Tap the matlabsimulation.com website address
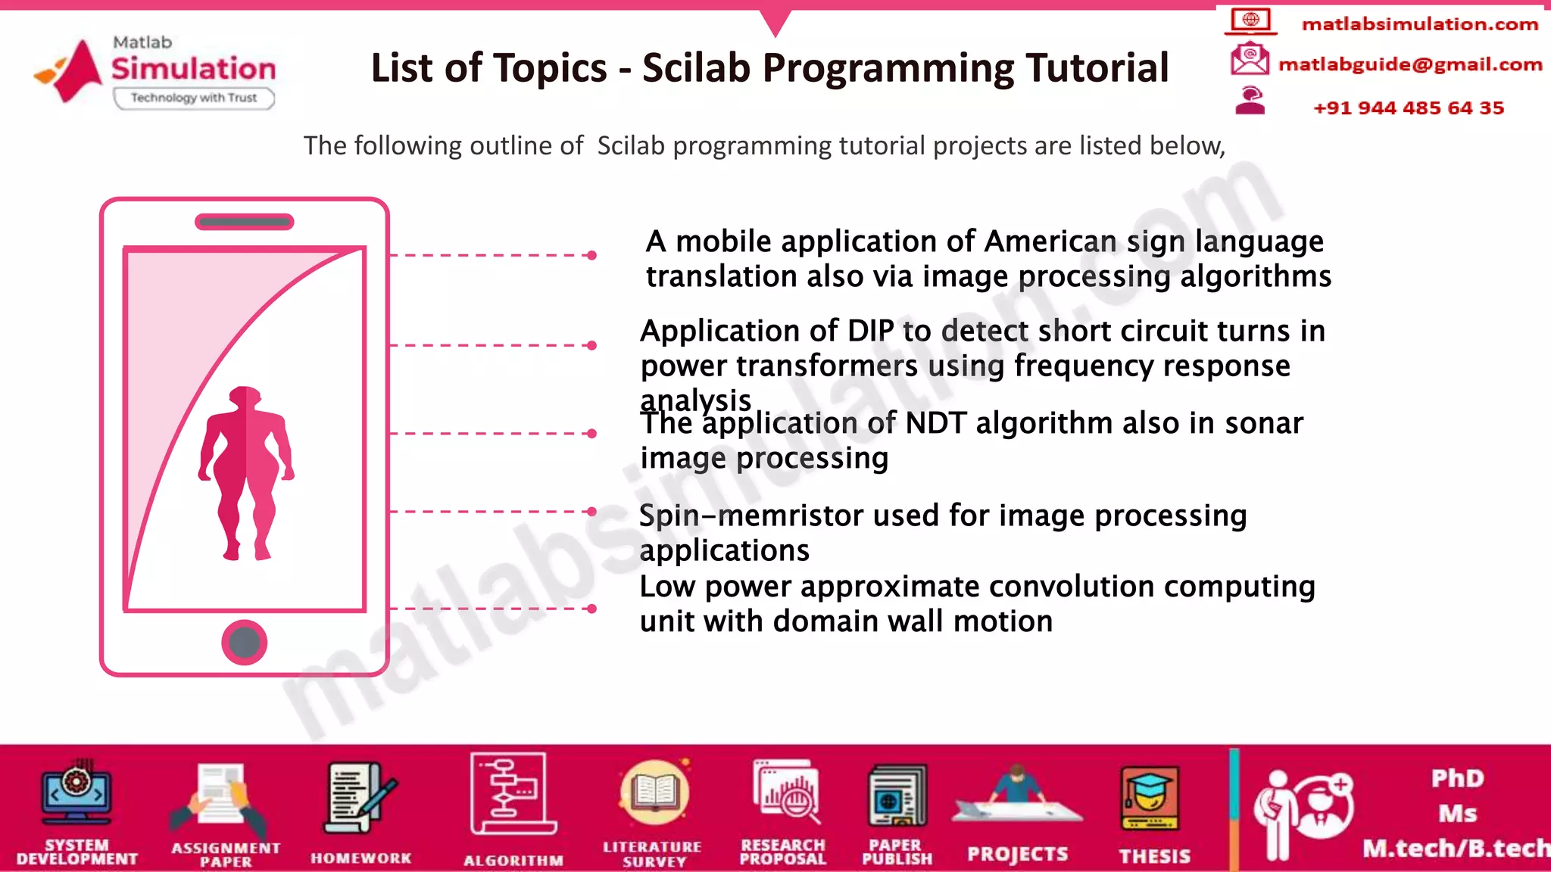1419,24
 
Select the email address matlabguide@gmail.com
1409,64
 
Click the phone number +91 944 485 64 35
1408,107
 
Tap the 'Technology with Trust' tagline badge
194,98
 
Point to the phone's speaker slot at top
244,222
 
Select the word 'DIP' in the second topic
871,331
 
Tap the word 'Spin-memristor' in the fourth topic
751,515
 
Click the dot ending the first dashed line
591,256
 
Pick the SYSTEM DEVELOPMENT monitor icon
76,795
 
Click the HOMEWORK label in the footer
360,858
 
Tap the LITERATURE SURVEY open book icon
654,793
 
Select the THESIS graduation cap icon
1150,796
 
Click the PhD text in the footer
1457,778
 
